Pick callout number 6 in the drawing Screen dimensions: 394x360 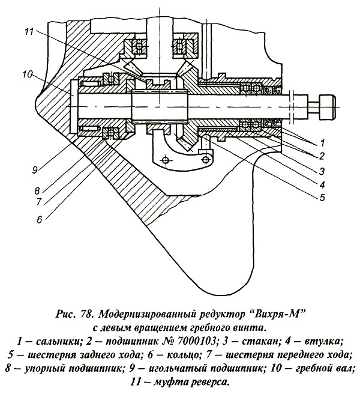tap(40, 219)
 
